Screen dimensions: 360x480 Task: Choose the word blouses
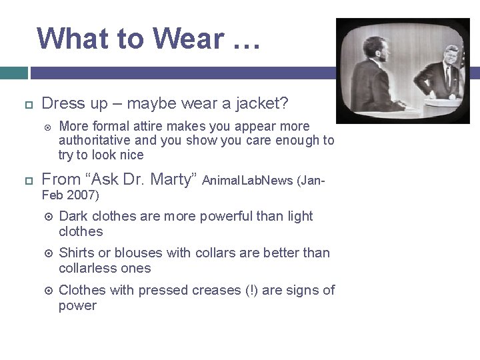tap(139, 253)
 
